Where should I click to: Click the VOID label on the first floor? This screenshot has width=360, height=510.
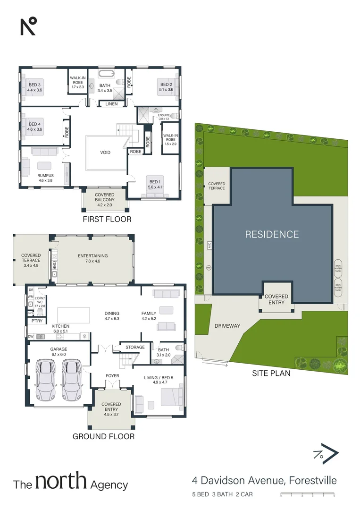(105, 153)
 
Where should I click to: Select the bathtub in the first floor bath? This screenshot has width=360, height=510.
(105, 74)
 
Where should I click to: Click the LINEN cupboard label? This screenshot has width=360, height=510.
(111, 104)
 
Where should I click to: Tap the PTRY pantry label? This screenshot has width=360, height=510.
(37, 321)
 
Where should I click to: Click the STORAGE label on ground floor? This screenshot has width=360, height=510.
(135, 348)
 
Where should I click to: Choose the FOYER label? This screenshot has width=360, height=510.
(112, 376)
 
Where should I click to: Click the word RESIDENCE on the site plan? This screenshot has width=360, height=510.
(272, 234)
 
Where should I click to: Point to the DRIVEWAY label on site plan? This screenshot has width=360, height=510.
(227, 326)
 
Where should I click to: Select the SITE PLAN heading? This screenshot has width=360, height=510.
(271, 373)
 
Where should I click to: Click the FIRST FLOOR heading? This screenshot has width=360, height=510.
(107, 219)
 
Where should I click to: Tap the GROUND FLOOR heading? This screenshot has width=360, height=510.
(103, 436)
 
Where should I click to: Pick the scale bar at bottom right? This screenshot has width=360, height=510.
(307, 495)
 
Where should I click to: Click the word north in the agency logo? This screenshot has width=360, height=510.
(61, 482)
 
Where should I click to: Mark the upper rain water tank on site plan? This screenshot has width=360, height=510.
(338, 267)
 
